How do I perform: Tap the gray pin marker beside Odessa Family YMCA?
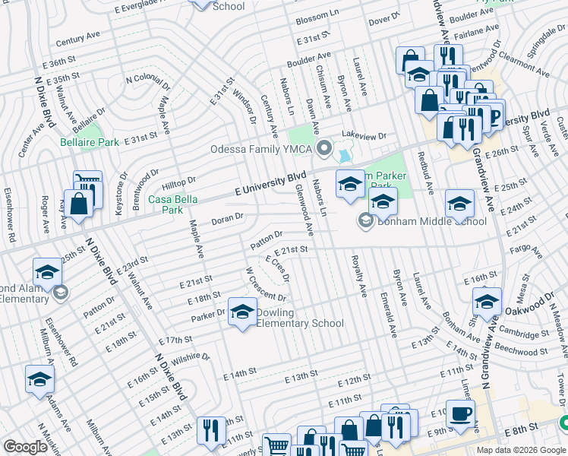325,148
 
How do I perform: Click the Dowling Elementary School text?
299,318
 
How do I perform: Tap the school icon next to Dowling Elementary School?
242,312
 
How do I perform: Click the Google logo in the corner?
26,447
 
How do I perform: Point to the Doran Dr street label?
227,217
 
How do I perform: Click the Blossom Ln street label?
317,15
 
